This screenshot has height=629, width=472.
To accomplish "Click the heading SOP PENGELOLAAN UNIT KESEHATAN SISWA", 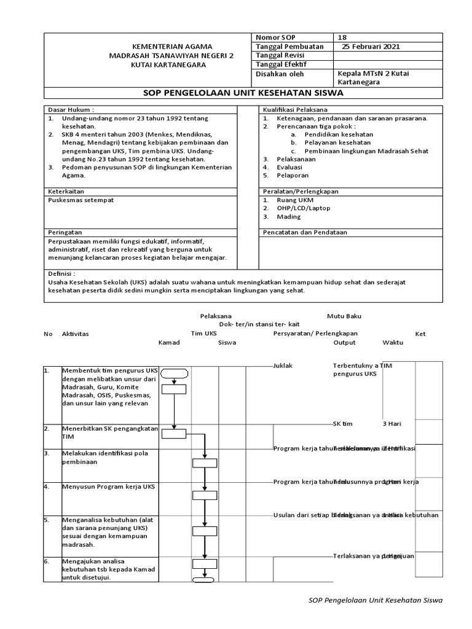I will pyautogui.click(x=243, y=93).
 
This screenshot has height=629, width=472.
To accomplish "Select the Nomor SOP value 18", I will pyautogui.click(x=342, y=37).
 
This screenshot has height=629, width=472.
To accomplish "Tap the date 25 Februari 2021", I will pyautogui.click(x=371, y=46).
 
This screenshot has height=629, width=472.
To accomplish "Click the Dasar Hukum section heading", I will pyautogui.click(x=71, y=109).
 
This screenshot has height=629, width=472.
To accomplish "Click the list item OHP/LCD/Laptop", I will pyautogui.click(x=302, y=208).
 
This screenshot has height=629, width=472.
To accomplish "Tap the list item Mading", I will pyautogui.click(x=288, y=217).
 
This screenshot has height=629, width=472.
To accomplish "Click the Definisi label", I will pyautogui.click(x=61, y=273).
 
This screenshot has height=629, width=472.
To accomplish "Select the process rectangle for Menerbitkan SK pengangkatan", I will pyautogui.click(x=175, y=435).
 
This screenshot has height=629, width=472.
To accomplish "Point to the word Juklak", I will pyautogui.click(x=283, y=365).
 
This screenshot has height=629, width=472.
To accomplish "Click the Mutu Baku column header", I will pyautogui.click(x=344, y=316).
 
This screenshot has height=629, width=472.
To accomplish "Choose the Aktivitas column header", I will pyautogui.click(x=75, y=334).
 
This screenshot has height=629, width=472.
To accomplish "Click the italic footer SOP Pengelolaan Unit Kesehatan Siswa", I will pyautogui.click(x=374, y=600).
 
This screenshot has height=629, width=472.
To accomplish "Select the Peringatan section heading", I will pyautogui.click(x=65, y=233).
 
